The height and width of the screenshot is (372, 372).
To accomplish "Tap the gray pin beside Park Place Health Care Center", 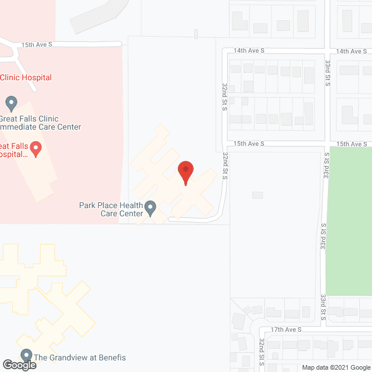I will pos(151,208).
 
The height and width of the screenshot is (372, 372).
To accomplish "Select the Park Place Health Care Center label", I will pos(111,209).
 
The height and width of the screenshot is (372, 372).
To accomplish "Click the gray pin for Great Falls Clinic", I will pos(10,103).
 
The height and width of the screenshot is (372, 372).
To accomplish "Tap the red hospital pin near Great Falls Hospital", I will pos(35,149).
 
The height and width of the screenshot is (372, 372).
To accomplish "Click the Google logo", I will pos(19,365).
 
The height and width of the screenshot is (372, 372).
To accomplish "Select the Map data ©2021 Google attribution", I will pos(335,367).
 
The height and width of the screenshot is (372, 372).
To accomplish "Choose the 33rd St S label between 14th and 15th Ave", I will pos(327,73).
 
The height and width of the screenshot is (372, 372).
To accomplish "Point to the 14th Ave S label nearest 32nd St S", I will pos(249,51).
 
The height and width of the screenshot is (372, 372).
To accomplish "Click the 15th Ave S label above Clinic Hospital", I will pos(37,44).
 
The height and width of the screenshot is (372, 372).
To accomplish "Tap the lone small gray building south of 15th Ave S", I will pos(257,195).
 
